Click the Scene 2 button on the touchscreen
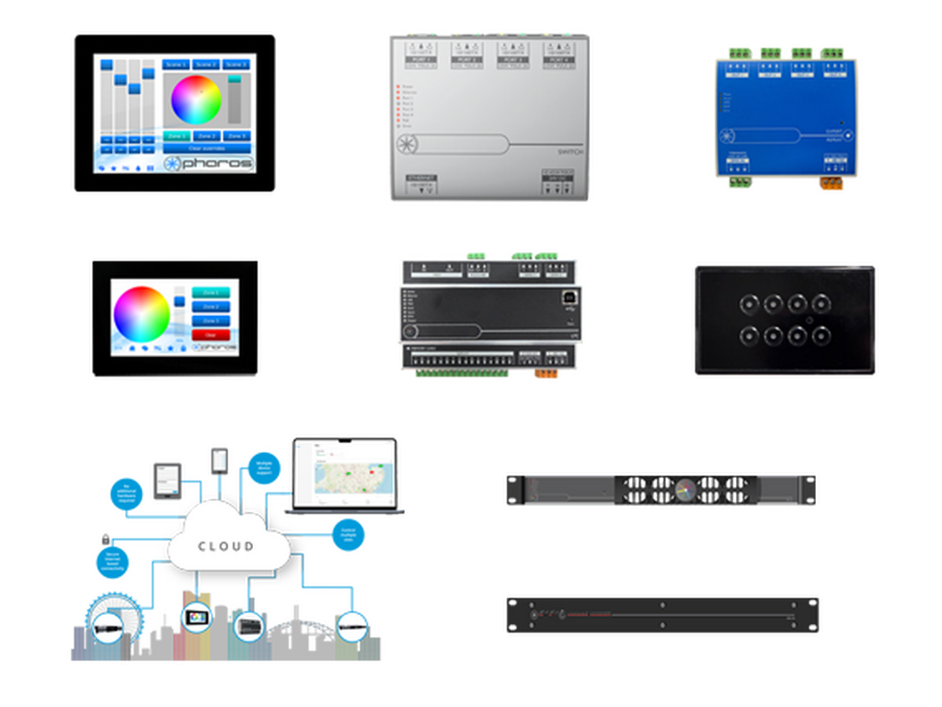coord(206,64)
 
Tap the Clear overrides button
coord(207,147)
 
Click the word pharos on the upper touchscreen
coord(216,163)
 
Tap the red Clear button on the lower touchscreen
coord(210,334)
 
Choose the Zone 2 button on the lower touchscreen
coord(211,307)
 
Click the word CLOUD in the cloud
coord(226,546)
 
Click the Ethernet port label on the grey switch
coord(420,181)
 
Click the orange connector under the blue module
coord(831,184)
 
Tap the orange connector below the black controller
coord(546,375)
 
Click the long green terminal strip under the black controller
coord(462,375)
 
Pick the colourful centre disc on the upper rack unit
coord(684,490)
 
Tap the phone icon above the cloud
coord(219,458)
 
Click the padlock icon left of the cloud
coord(104,535)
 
